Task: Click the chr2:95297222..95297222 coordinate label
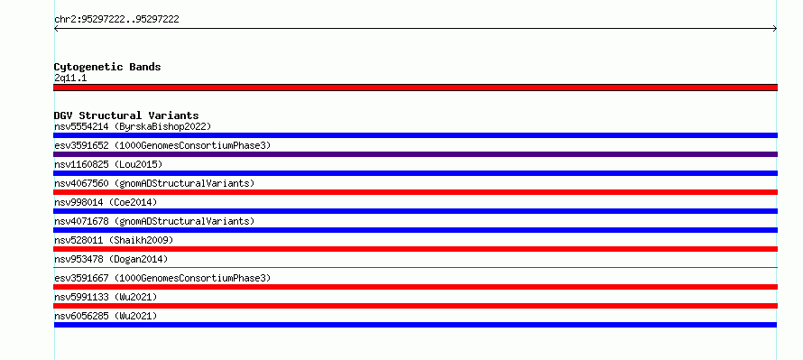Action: point(116,20)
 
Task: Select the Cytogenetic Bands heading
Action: point(107,67)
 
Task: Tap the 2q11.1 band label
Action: point(70,78)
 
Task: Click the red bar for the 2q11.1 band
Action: point(415,88)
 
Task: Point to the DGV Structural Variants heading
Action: point(126,115)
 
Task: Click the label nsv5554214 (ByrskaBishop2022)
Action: point(133,126)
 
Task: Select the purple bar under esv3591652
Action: point(415,154)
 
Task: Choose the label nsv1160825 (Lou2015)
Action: point(108,164)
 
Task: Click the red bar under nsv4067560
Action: point(415,192)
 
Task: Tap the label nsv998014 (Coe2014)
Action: point(106,202)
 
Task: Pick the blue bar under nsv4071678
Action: point(415,230)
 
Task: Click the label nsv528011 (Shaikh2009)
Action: point(114,240)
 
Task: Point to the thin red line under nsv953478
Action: point(415,267)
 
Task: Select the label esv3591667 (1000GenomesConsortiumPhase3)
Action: point(162,278)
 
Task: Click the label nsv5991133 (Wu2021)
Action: point(106,297)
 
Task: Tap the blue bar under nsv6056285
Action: point(415,325)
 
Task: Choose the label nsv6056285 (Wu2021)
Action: point(106,316)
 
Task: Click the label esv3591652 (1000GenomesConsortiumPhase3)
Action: point(162,145)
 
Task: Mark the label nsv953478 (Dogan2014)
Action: point(111,259)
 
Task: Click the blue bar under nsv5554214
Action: point(415,135)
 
